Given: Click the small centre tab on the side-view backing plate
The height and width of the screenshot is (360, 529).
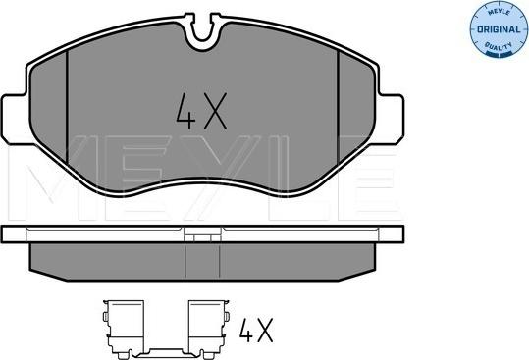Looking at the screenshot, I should [x=201, y=236].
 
